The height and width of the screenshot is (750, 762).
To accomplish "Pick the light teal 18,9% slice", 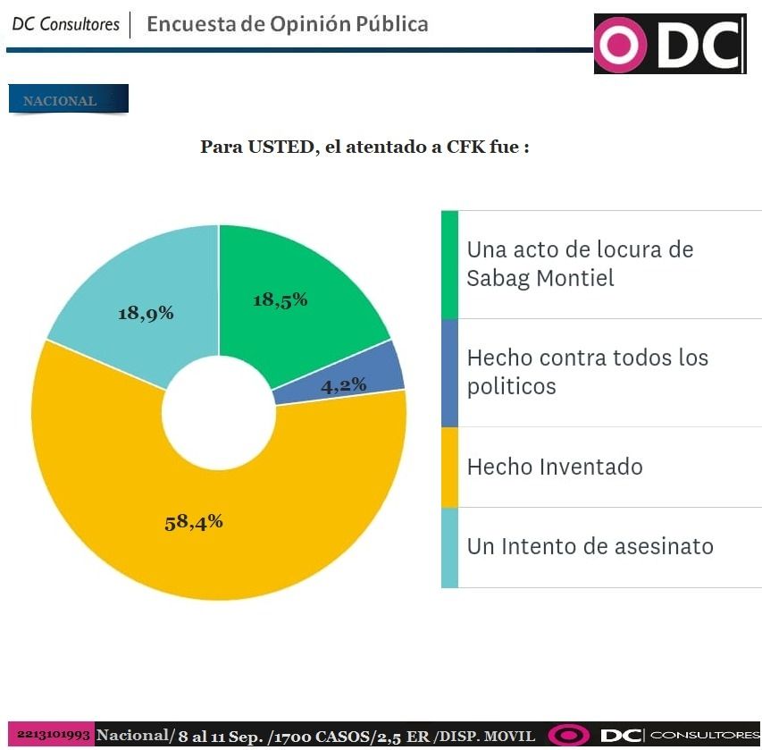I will [134, 286].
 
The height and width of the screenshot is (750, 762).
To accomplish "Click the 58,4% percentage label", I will [194, 522].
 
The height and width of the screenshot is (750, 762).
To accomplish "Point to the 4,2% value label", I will [344, 385].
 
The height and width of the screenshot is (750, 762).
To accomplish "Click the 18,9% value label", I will [146, 313].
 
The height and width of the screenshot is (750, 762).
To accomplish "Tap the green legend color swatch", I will [449, 265].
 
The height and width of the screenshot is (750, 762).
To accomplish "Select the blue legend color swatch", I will [449, 373].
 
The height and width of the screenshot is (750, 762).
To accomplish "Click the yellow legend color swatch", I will [449, 467].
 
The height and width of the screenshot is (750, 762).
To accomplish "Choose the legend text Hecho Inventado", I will [555, 467].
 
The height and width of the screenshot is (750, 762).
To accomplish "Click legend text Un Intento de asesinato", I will [590, 545].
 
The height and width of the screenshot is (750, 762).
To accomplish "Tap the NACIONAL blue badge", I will [68, 100].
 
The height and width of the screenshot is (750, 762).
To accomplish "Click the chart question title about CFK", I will [364, 147].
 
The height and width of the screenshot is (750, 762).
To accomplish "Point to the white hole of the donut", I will [219, 411].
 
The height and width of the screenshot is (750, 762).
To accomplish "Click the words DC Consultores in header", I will [66, 24].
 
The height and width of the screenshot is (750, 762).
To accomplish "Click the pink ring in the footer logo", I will [568, 736].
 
